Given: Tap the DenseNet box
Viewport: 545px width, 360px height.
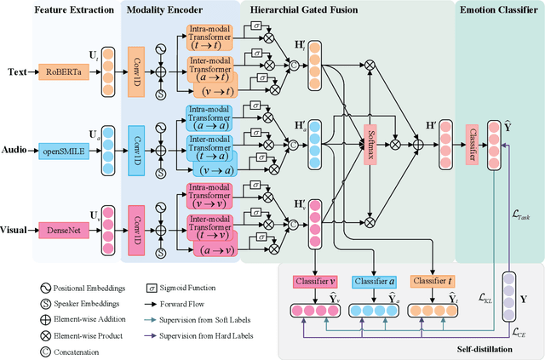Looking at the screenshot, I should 63,228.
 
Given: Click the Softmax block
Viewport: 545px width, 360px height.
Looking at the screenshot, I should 370,138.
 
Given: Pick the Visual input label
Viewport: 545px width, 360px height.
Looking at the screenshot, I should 17,228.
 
